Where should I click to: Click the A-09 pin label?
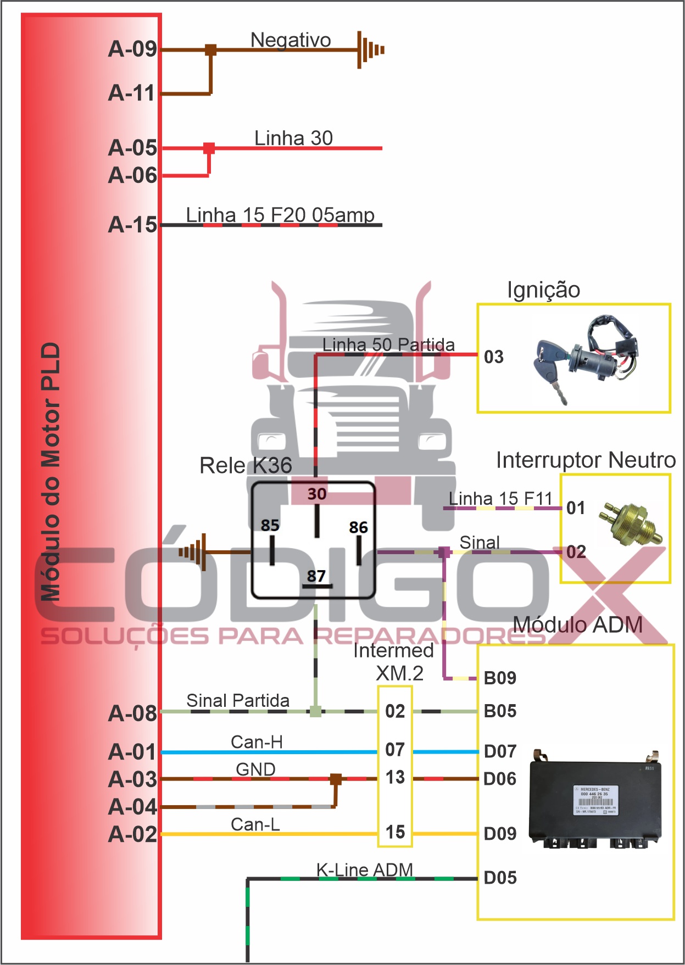(132, 49)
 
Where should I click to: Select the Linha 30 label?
(293, 138)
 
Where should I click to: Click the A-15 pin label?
(132, 225)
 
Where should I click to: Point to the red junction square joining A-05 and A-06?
(209, 148)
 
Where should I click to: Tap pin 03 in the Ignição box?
(493, 357)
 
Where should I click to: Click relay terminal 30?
(317, 494)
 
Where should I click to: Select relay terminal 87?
(316, 576)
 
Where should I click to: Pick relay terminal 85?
(270, 526)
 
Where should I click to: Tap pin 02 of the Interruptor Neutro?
(576, 551)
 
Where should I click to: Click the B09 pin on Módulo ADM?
(500, 678)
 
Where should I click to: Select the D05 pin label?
(500, 877)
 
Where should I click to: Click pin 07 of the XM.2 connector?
(394, 750)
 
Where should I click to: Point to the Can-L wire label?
(255, 824)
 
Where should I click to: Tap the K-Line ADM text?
(364, 869)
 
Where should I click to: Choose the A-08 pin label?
(132, 713)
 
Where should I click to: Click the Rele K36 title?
(246, 465)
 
